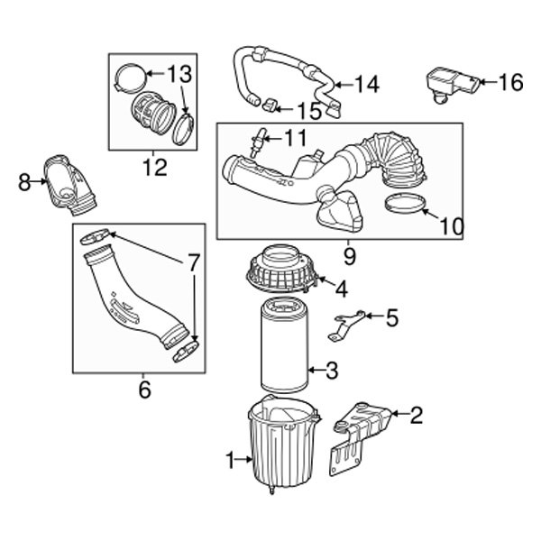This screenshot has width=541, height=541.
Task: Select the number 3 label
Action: (332, 369)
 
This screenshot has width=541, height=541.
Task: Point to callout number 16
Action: (509, 83)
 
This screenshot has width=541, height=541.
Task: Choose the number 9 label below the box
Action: (349, 255)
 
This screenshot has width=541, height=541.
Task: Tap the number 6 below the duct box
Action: (144, 390)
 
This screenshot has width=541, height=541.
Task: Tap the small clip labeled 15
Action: (268, 108)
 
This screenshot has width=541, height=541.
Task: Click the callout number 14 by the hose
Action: (366, 85)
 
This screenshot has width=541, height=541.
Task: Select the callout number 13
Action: (179, 72)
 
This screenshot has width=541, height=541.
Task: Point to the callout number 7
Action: (194, 264)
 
